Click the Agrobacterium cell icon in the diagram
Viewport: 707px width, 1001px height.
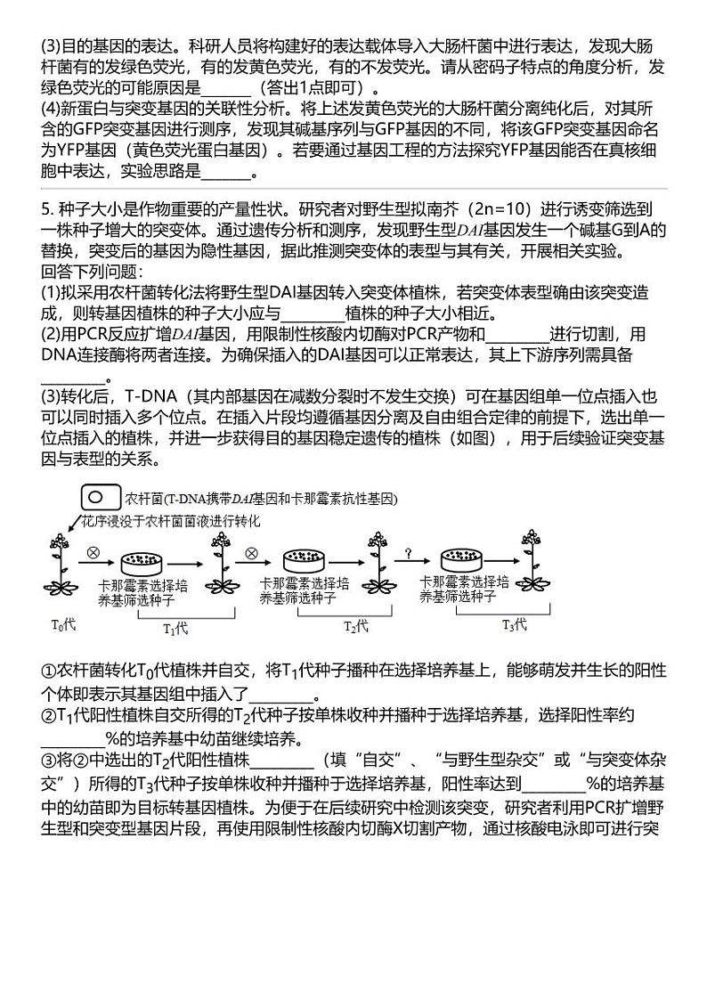(x=101, y=497)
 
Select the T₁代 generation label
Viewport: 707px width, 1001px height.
(x=175, y=628)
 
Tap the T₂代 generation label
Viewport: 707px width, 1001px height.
(x=356, y=626)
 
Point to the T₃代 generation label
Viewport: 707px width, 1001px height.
(x=515, y=624)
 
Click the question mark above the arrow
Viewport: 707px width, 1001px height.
(x=408, y=553)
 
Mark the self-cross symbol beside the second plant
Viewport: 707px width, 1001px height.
(x=250, y=552)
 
